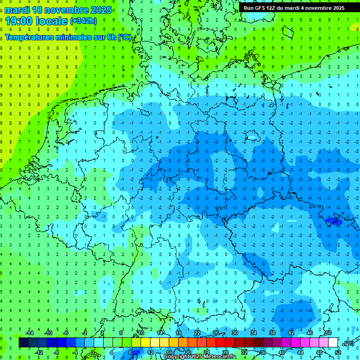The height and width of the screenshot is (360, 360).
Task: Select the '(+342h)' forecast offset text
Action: [x=83, y=21]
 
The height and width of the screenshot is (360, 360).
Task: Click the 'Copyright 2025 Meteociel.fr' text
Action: [x=200, y=357]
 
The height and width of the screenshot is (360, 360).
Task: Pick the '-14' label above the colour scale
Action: [x=30, y=333]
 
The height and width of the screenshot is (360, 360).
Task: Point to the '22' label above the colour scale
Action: [x=197, y=333]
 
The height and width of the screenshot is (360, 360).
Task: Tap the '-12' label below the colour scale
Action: [x=39, y=352]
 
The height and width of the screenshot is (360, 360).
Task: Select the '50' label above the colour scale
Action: [x=328, y=333]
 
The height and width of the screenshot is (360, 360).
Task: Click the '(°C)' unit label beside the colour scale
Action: [x=348, y=343]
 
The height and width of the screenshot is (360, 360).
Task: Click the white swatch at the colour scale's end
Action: [x=333, y=343]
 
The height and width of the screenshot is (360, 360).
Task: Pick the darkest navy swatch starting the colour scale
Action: [x=23, y=343]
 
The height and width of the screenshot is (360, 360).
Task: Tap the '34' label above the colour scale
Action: [x=254, y=333]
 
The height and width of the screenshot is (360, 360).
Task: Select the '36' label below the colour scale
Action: [x=263, y=352]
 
